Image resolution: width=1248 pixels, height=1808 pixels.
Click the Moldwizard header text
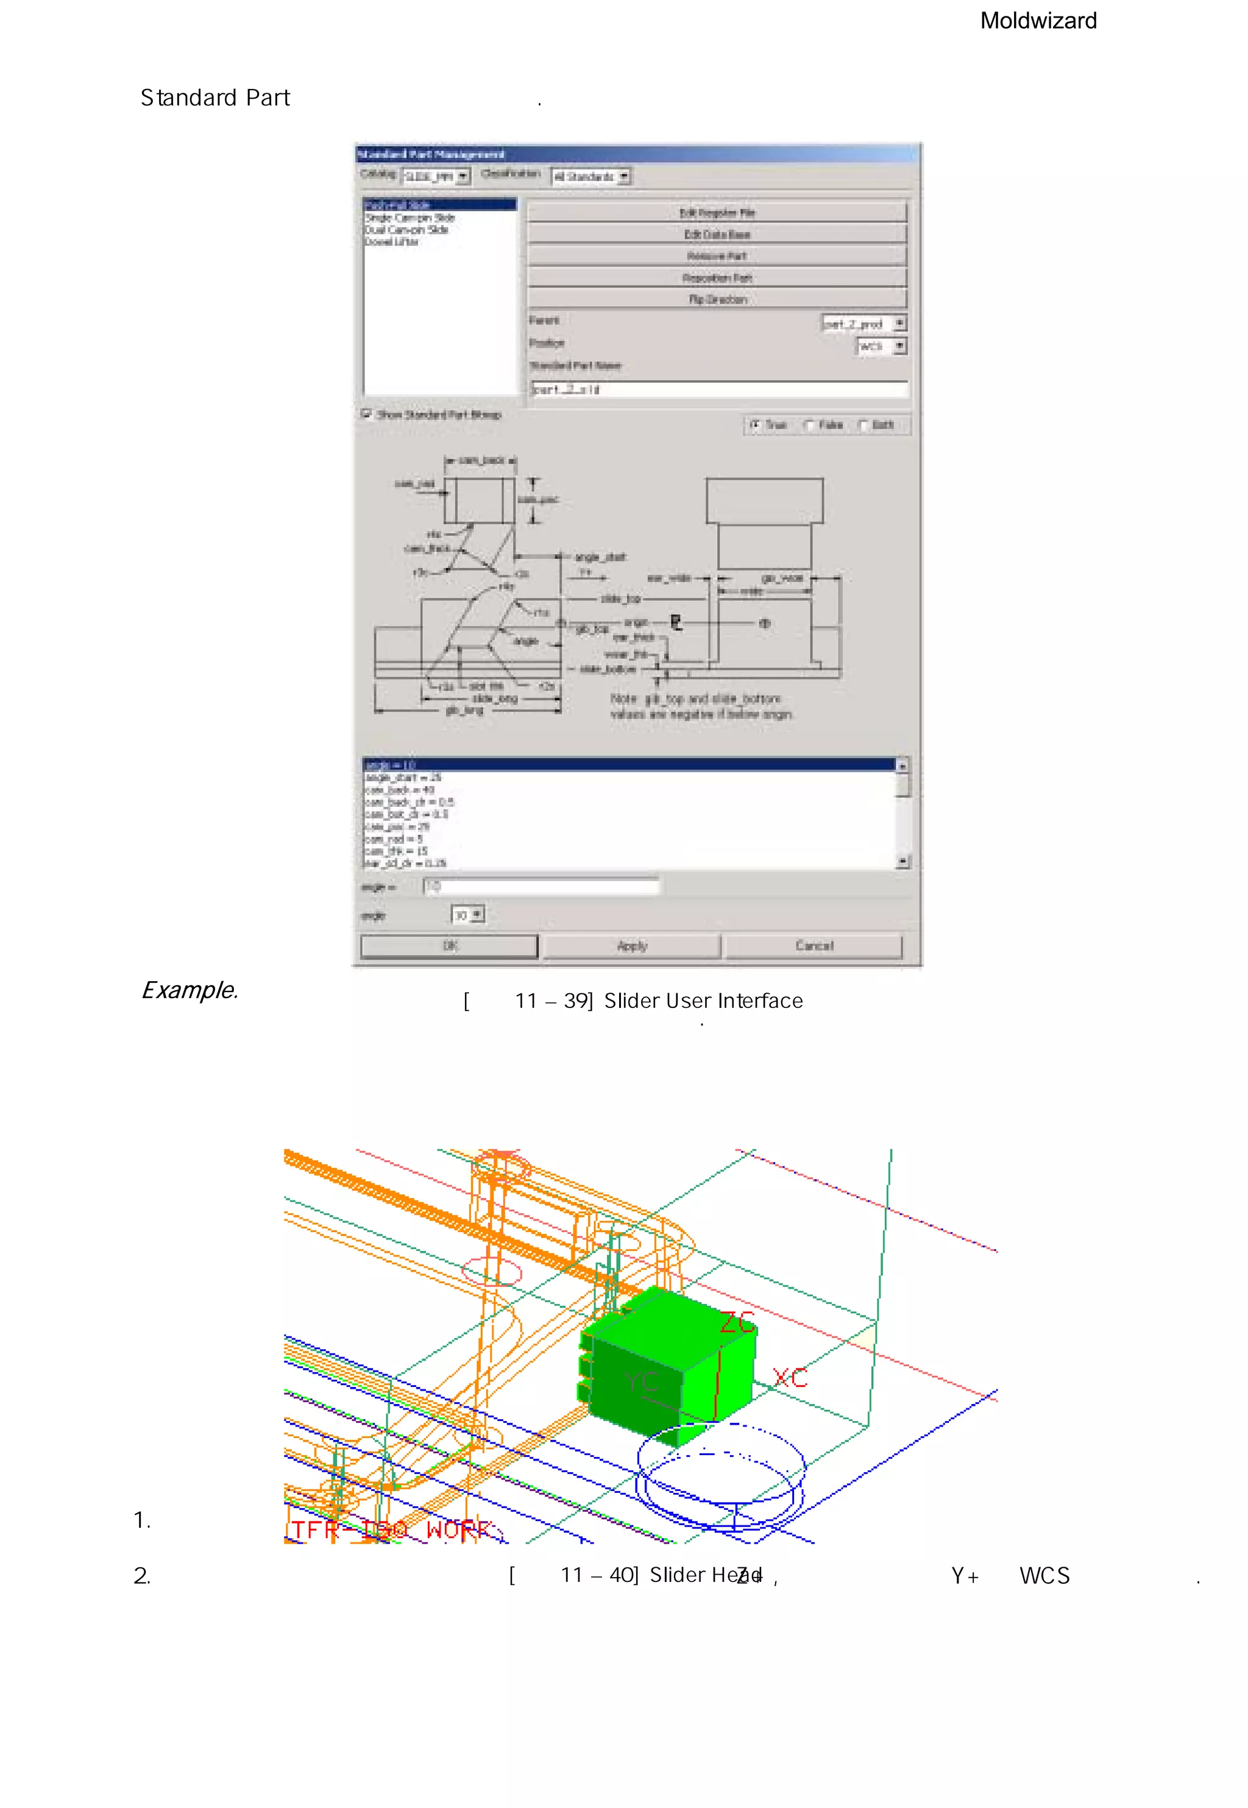pos(1038,21)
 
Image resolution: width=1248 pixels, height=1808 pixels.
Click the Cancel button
pos(814,946)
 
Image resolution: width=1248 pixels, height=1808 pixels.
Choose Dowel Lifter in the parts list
pos(392,243)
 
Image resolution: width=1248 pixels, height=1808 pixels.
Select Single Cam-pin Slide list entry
pos(409,218)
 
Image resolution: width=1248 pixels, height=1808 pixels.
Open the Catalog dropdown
pos(463,177)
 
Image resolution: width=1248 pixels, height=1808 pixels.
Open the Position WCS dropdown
pos(899,346)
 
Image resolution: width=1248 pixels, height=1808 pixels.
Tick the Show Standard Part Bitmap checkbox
pos(366,414)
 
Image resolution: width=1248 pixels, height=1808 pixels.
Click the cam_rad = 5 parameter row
pos(394,838)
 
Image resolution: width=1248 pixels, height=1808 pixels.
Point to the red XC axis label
pos(789,1378)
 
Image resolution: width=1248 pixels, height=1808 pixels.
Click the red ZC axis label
pos(737,1323)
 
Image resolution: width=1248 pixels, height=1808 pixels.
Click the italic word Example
pos(190,990)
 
